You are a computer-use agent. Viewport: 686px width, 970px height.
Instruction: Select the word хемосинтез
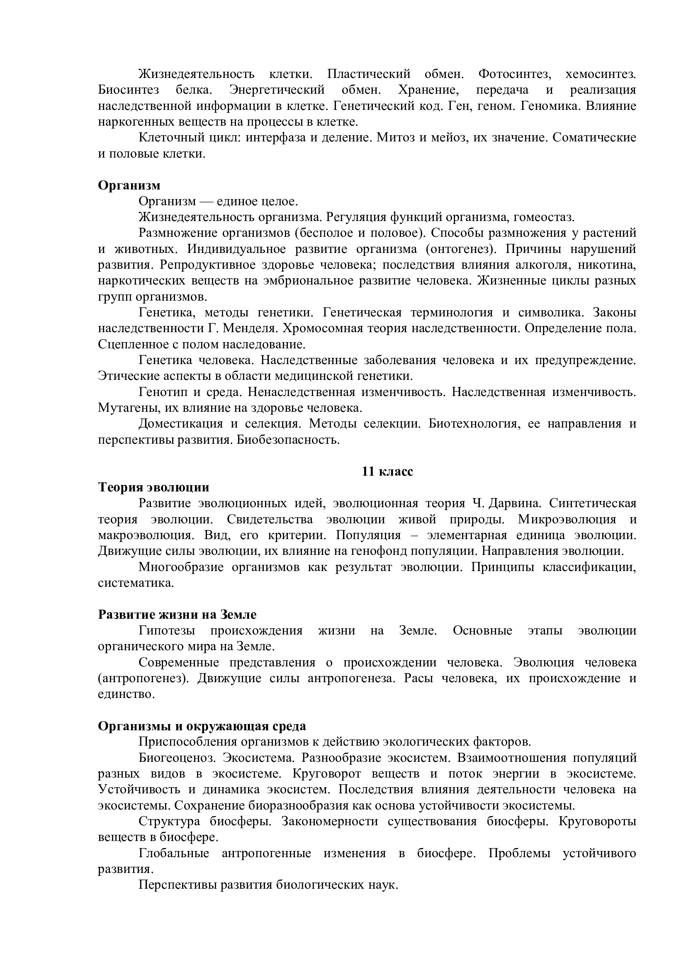point(600,74)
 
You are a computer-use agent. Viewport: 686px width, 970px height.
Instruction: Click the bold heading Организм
point(129,185)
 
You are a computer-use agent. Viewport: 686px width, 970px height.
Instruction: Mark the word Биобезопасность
point(289,440)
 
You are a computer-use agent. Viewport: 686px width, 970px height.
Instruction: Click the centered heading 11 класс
point(387,472)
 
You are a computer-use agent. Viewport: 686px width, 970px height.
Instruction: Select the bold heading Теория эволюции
point(154,488)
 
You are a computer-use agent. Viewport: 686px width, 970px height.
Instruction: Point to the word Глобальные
point(174,853)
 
